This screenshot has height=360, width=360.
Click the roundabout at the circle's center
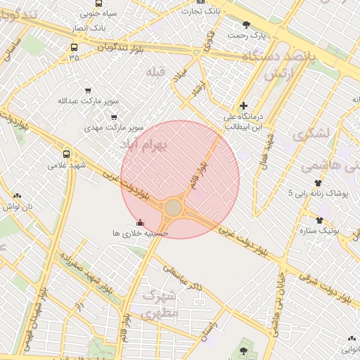[173, 208]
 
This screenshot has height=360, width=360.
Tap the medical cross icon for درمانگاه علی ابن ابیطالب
[244, 105]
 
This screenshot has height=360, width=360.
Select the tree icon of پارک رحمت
[246, 25]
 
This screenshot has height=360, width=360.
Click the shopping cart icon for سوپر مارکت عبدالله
[88, 91]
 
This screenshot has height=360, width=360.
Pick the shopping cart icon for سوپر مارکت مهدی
[114, 117]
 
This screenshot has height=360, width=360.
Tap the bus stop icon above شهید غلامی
[67, 154]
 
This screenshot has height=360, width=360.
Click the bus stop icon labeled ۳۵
[75, 48]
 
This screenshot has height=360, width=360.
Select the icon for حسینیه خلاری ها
[140, 221]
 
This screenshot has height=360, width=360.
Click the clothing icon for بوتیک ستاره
[320, 219]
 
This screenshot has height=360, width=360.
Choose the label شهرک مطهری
[160, 304]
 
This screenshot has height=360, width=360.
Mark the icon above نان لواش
[17, 196]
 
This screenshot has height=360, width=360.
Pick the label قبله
[155, 72]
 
